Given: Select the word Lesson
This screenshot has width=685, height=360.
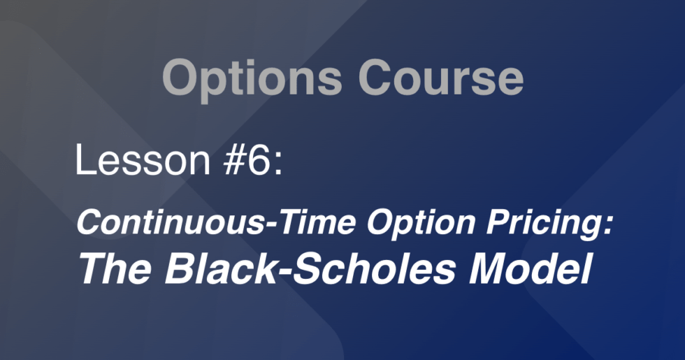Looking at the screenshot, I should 142,161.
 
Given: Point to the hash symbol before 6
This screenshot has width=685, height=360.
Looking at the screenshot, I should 233,161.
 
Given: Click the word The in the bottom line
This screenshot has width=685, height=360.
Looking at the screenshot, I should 111,267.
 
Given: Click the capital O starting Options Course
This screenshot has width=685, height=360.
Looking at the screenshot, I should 180,78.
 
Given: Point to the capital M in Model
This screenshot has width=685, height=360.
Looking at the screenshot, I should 491,267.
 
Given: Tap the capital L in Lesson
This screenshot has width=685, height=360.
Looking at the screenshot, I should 83,161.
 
